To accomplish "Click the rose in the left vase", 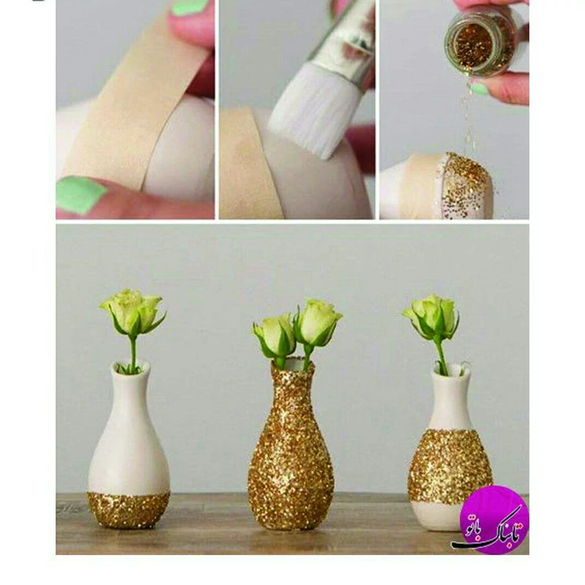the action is [133, 312].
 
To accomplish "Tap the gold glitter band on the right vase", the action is [450, 467].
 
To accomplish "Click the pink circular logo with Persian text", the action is [493, 521].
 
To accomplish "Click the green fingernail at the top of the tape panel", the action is [189, 7].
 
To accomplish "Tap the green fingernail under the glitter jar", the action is [479, 89].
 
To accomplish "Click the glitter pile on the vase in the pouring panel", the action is [467, 183].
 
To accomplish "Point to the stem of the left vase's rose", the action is [133, 352].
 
